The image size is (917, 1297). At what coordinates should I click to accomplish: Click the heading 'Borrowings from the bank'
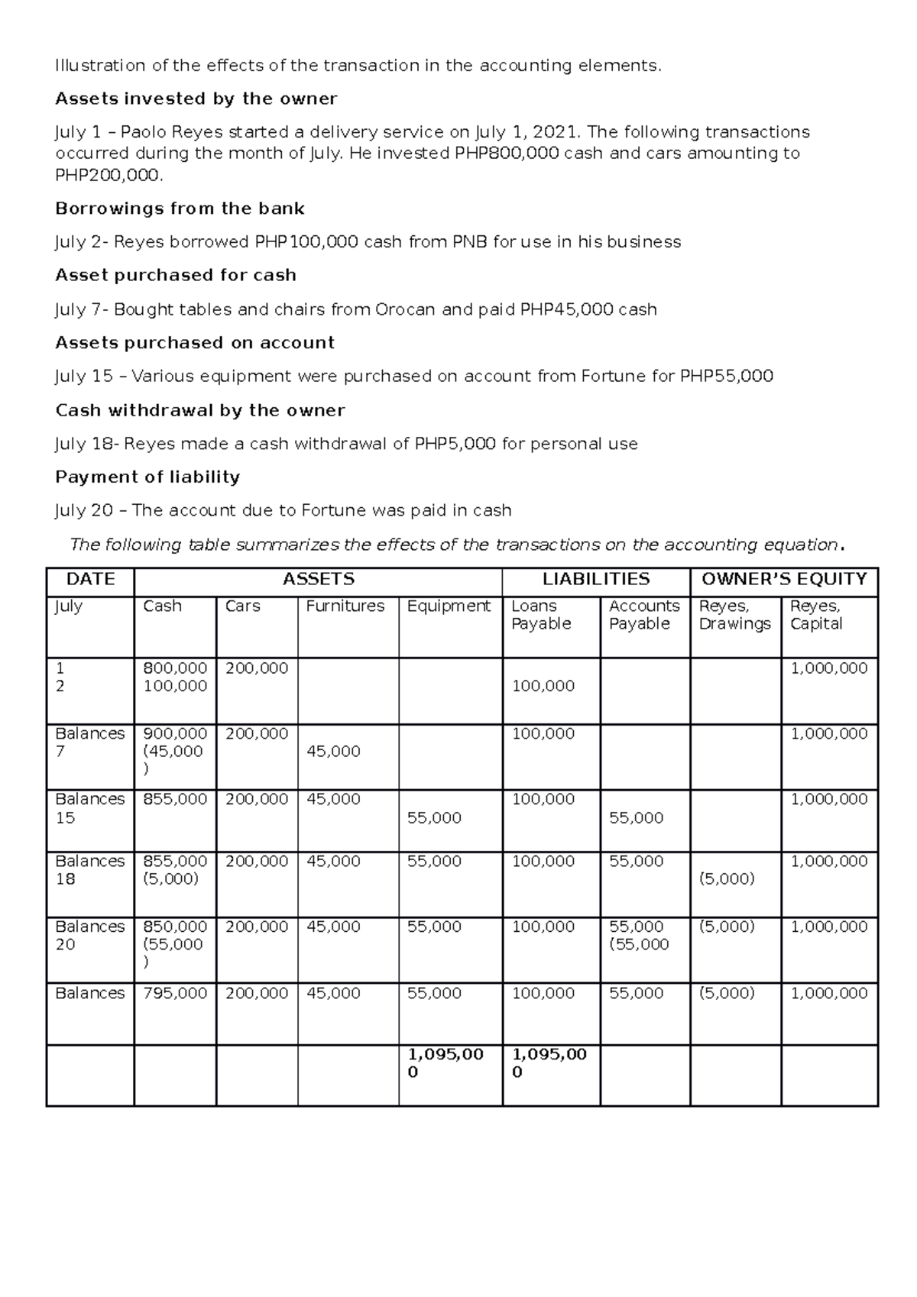(180, 209)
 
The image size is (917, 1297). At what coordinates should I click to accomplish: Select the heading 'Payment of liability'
(147, 477)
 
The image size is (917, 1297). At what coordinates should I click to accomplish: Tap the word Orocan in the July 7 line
(406, 309)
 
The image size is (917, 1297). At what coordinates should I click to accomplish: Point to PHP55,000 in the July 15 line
(726, 376)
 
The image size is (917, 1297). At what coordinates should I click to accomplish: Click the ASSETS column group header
(318, 579)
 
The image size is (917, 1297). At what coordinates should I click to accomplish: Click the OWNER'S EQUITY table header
(783, 579)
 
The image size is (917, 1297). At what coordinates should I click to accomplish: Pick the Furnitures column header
(345, 606)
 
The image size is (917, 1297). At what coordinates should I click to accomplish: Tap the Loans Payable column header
(541, 615)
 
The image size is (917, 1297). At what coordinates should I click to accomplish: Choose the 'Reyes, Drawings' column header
(734, 615)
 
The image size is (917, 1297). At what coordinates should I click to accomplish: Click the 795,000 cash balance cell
(175, 993)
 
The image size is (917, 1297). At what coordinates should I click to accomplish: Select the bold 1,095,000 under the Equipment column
(445, 1063)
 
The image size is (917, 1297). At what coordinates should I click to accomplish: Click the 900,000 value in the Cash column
(175, 733)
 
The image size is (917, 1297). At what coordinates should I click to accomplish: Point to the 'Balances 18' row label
(89, 870)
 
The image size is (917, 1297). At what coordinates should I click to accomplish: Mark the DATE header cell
(90, 579)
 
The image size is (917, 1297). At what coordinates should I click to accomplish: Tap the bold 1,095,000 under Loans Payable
(549, 1063)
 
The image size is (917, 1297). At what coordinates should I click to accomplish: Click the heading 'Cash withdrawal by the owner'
(200, 410)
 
